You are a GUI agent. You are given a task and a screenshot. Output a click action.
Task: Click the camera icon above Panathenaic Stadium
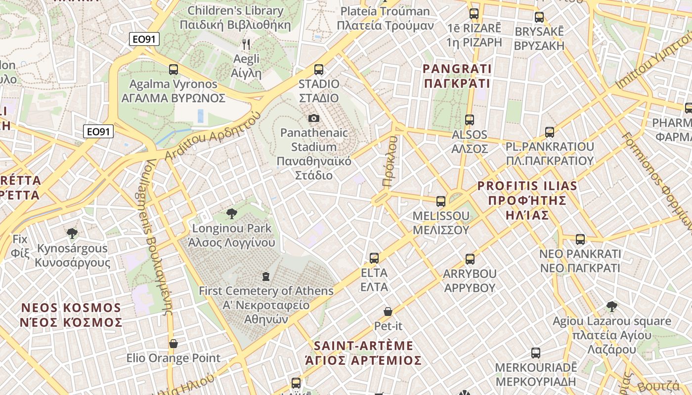click(313, 118)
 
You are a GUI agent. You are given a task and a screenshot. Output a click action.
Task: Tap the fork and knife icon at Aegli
click(246, 44)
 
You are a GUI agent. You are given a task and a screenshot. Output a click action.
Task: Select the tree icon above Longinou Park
click(231, 214)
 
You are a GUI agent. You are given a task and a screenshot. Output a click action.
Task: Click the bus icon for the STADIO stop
click(319, 70)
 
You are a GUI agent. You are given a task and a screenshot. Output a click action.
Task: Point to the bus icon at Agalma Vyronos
click(173, 70)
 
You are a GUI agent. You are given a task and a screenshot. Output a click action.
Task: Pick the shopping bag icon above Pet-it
click(388, 312)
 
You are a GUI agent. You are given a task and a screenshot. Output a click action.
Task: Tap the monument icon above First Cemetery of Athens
click(266, 276)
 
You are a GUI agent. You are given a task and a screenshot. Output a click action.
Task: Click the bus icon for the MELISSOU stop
click(440, 201)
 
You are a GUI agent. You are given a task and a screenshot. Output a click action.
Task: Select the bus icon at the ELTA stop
click(374, 258)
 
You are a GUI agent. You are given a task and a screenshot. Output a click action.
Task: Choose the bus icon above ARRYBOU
click(470, 259)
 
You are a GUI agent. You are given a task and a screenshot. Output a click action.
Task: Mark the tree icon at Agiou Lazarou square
click(611, 307)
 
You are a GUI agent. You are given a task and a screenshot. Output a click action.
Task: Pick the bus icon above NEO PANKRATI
click(580, 239)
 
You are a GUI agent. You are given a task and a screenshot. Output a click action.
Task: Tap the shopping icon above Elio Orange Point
click(173, 343)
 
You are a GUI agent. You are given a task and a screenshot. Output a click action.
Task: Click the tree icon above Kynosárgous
click(72, 233)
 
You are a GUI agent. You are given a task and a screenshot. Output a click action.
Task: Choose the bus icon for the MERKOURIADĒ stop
click(536, 353)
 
